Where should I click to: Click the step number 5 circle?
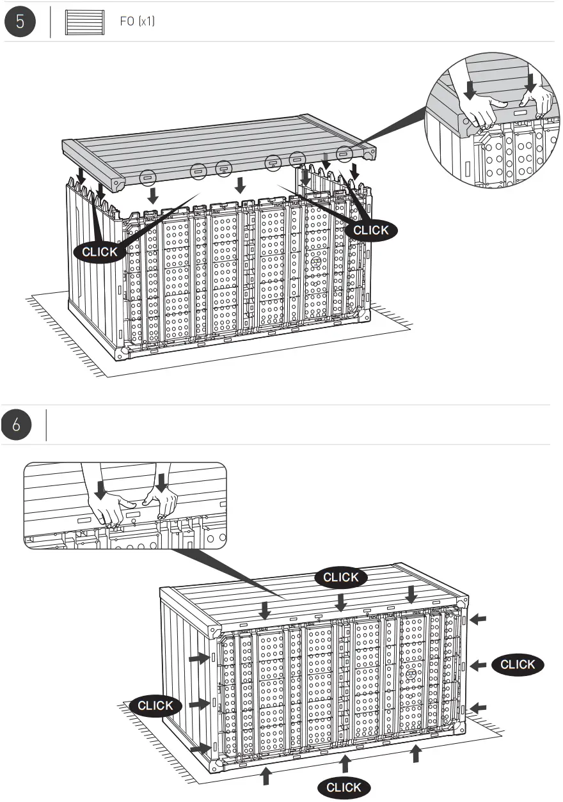(20, 22)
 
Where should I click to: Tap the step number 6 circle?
(20, 425)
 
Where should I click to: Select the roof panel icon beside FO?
(84, 22)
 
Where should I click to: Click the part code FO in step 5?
(127, 22)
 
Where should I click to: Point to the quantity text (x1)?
(147, 22)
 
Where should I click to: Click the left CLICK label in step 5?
(100, 251)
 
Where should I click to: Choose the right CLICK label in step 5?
(371, 230)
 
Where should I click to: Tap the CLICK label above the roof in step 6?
(341, 577)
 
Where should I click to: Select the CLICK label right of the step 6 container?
(518, 664)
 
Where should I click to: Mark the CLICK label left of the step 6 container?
(155, 705)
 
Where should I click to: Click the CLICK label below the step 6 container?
(344, 787)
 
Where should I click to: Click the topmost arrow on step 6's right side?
(478, 619)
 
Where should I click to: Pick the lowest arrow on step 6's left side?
(200, 747)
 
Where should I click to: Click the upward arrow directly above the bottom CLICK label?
(345, 762)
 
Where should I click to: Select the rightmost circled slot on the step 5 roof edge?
(344, 153)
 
